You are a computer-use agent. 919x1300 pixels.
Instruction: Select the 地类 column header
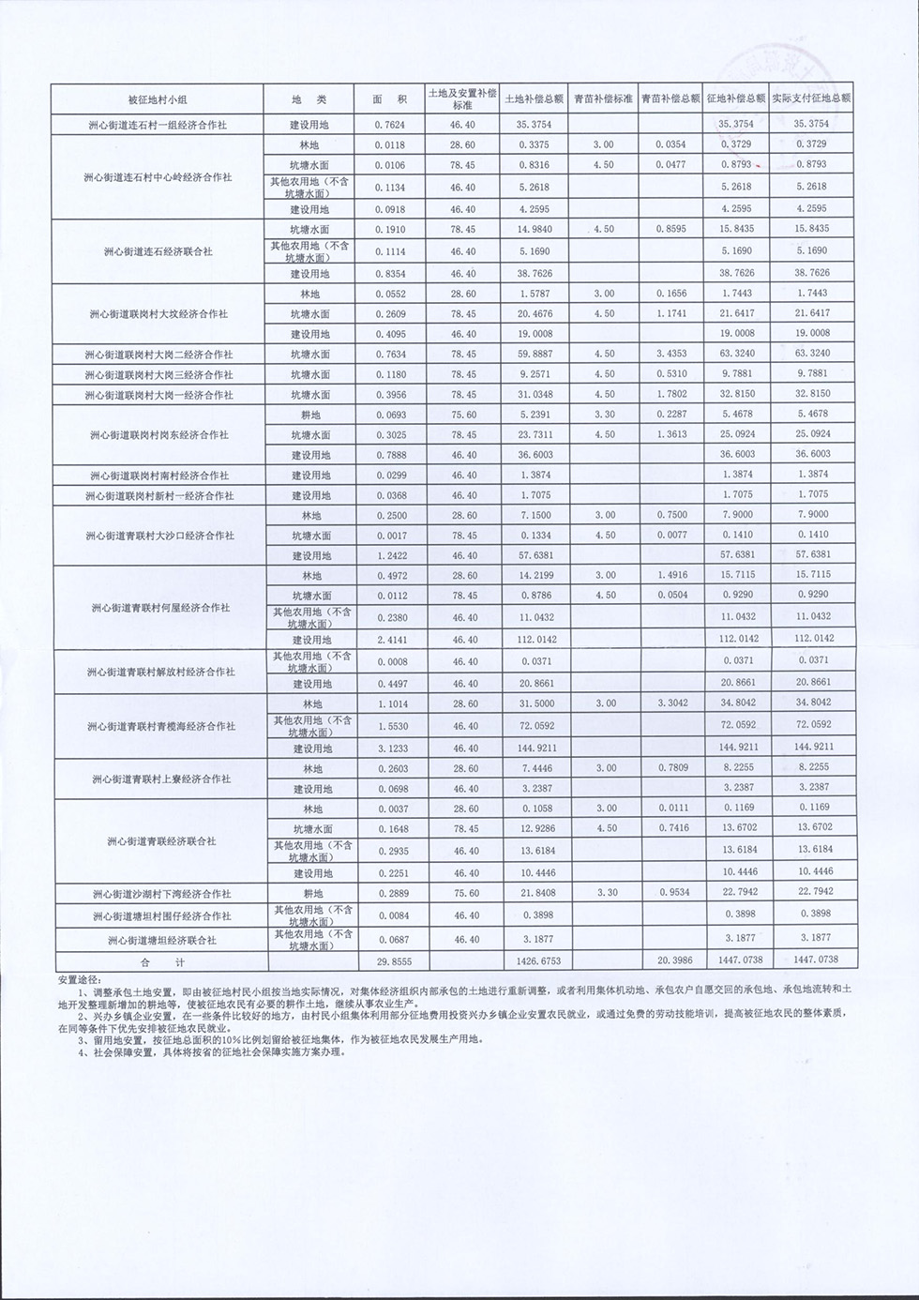[x=309, y=99]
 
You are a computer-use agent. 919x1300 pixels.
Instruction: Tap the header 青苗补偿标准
[x=603, y=98]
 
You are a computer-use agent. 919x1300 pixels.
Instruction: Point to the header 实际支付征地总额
[x=811, y=98]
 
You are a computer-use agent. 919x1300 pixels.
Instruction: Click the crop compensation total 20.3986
[x=671, y=960]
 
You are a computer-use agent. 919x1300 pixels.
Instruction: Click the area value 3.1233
[x=391, y=748]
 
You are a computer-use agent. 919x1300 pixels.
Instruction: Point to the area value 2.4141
[x=391, y=640]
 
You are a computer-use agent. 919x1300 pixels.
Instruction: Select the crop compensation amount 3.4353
[x=671, y=355]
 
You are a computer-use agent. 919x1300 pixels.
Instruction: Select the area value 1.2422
[x=391, y=555]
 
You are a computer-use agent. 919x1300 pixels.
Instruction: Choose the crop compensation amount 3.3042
[x=671, y=703]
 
